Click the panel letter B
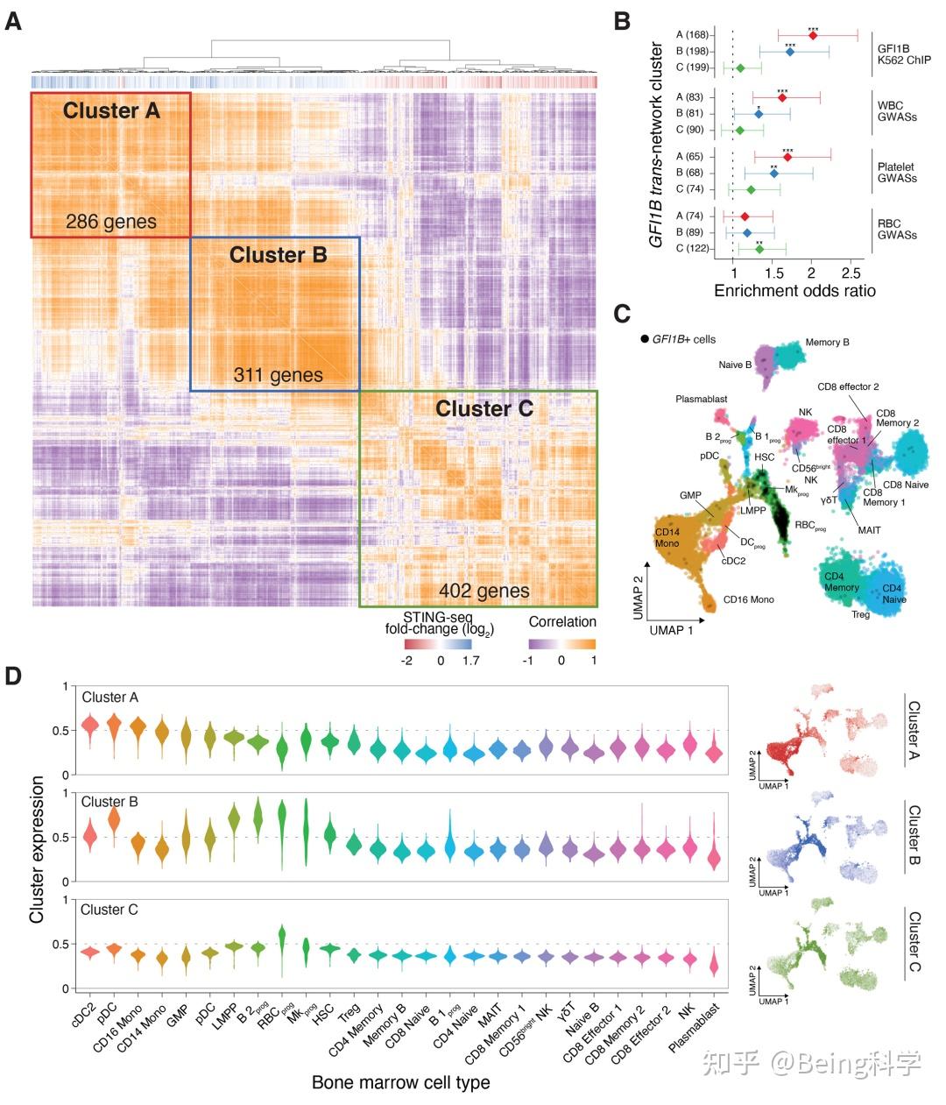[x=622, y=21]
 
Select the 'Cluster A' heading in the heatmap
[x=111, y=111]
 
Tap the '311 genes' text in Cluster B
[x=278, y=376]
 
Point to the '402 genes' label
[x=484, y=591]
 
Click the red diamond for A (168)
[x=813, y=35]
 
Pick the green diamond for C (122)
[x=759, y=249]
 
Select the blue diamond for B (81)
[x=759, y=114]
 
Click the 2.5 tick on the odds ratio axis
[x=851, y=272]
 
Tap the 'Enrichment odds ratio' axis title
[x=794, y=291]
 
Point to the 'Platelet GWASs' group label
[x=897, y=173]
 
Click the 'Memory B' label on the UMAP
[x=827, y=343]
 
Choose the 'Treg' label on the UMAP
[x=860, y=615]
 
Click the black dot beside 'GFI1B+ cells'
[x=645, y=339]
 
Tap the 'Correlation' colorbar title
[x=562, y=622]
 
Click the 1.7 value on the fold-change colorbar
[x=470, y=661]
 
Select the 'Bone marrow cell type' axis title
[x=400, y=1083]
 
